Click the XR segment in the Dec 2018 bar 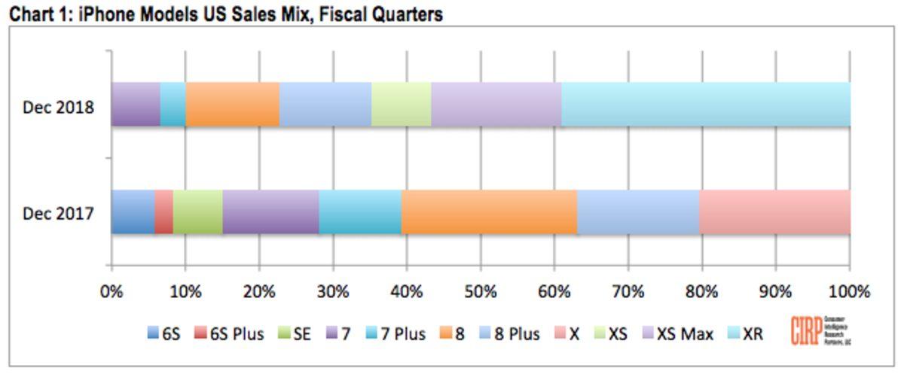706,105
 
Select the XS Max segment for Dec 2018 496,105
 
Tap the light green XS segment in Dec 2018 402,105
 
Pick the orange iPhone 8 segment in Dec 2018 232,105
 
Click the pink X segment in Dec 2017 775,212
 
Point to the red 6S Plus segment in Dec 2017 163,212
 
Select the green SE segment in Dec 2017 197,212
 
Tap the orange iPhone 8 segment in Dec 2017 489,212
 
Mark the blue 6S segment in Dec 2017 133,212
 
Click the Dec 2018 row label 59,107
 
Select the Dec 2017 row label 59,214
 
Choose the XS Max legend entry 676,334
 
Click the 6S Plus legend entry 229,334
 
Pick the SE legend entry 295,334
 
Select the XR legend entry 745,334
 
